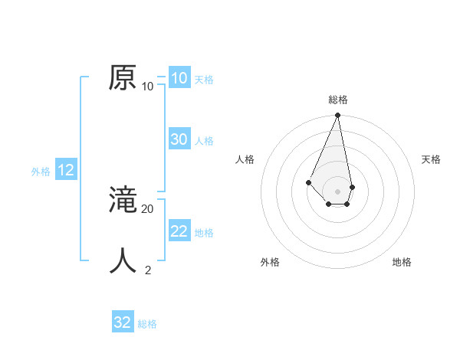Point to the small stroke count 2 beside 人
click(x=148, y=270)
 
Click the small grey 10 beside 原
click(x=147, y=86)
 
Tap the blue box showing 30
click(x=179, y=139)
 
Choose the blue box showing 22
click(x=179, y=231)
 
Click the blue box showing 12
click(x=66, y=170)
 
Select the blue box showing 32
click(x=123, y=322)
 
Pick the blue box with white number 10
click(x=179, y=78)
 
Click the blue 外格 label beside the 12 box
click(x=41, y=172)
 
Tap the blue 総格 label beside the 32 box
click(x=147, y=324)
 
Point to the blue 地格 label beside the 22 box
click(x=204, y=233)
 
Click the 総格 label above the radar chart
click(x=338, y=100)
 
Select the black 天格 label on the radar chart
click(x=431, y=159)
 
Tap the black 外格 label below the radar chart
click(x=270, y=262)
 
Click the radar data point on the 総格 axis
click(x=337, y=116)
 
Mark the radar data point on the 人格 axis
click(x=308, y=182)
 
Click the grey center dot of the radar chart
click(x=337, y=191)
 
